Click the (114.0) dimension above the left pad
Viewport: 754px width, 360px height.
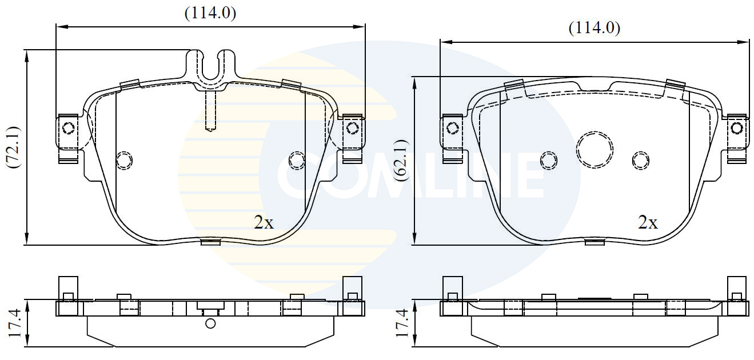[x=210, y=14]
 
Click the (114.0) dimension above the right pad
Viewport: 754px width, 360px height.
[x=595, y=28]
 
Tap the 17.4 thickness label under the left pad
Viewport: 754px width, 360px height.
[x=15, y=323]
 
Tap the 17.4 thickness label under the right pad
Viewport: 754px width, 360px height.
[x=402, y=323]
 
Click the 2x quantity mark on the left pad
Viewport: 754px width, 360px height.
[x=264, y=223]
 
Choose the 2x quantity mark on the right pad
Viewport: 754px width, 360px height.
[x=648, y=223]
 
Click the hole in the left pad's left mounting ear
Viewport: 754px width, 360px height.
[x=69, y=128]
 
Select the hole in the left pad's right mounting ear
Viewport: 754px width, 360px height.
[x=352, y=128]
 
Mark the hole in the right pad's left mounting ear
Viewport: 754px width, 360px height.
[x=453, y=128]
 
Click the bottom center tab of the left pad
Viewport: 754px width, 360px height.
[x=210, y=242]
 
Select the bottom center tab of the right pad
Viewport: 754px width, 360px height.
[x=595, y=242]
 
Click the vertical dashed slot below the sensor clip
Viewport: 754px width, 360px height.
[x=211, y=111]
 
